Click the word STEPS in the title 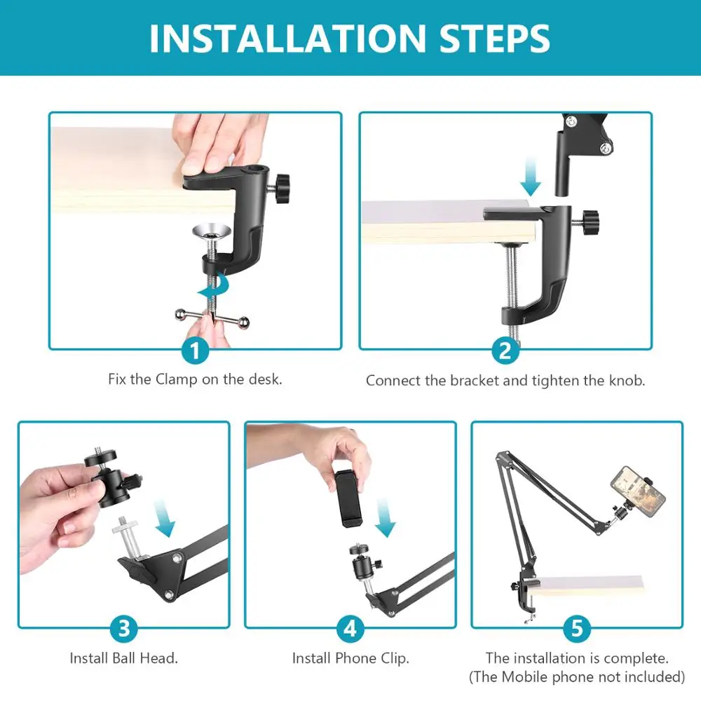click(494, 39)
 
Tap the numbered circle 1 click(196, 350)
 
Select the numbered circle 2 click(505, 350)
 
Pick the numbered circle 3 click(124, 628)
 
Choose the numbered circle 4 click(350, 628)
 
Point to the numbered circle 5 click(577, 628)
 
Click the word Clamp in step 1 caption click(176, 379)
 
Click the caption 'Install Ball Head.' click(124, 658)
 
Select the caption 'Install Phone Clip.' click(350, 658)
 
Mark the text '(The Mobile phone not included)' click(577, 677)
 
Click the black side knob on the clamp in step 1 click(281, 189)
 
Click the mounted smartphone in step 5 click(638, 491)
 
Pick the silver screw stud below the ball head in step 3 click(129, 538)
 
